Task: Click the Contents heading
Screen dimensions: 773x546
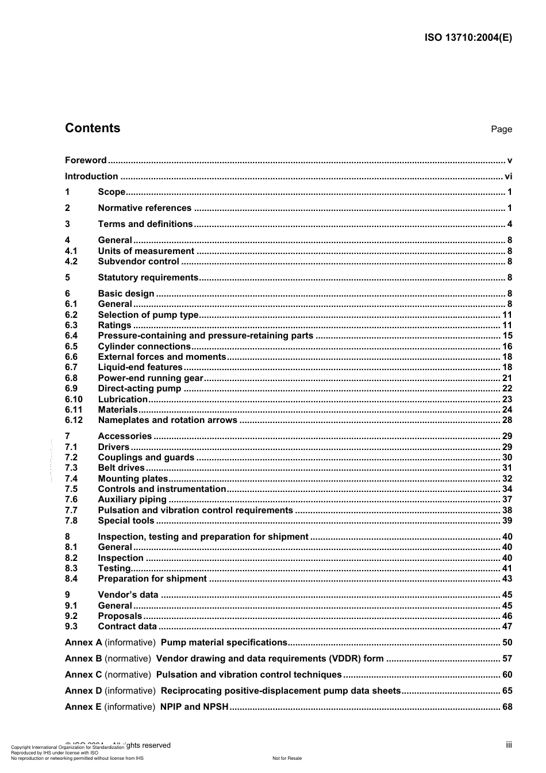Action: [93, 128]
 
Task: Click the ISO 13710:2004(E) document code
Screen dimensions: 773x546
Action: [468, 38]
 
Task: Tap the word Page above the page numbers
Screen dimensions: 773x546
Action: [501, 129]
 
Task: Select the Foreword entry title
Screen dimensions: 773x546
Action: [86, 160]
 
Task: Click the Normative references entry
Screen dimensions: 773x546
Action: [144, 208]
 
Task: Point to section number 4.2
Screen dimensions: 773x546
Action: [71, 261]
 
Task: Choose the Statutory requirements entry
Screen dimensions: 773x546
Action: [148, 278]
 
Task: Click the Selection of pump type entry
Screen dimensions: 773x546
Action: [148, 315]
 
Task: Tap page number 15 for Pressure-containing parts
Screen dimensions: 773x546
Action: [507, 336]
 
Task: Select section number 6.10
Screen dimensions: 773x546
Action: [74, 399]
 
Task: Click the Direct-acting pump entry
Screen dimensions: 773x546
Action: [139, 389]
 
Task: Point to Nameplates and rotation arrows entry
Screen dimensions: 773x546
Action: [167, 420]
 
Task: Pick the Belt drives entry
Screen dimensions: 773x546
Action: [121, 468]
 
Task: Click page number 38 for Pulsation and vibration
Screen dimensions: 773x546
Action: [507, 510]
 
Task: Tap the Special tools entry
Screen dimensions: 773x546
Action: [126, 521]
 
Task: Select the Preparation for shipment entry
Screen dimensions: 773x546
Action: [152, 579]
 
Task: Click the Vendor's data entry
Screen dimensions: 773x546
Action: [128, 595]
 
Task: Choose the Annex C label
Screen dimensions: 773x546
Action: [83, 675]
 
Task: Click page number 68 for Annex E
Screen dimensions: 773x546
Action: [507, 707]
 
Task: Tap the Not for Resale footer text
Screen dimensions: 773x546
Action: [287, 758]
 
